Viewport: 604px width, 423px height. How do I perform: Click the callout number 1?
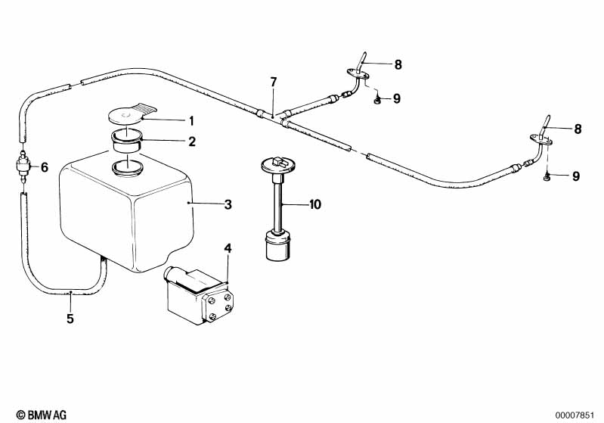click(192, 120)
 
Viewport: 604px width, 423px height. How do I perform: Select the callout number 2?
click(192, 141)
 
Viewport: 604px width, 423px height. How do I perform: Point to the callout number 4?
click(228, 248)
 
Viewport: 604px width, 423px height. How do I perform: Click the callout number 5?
click(70, 319)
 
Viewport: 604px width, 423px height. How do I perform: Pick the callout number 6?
click(44, 167)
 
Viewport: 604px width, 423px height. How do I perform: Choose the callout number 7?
click(274, 82)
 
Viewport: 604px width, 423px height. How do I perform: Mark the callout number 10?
click(315, 204)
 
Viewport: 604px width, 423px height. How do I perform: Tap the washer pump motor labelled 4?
click(198, 296)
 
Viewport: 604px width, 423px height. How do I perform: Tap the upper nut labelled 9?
click(376, 99)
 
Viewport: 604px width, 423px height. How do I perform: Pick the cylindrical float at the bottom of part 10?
click(277, 247)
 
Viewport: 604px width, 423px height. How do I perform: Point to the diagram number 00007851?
click(577, 415)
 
